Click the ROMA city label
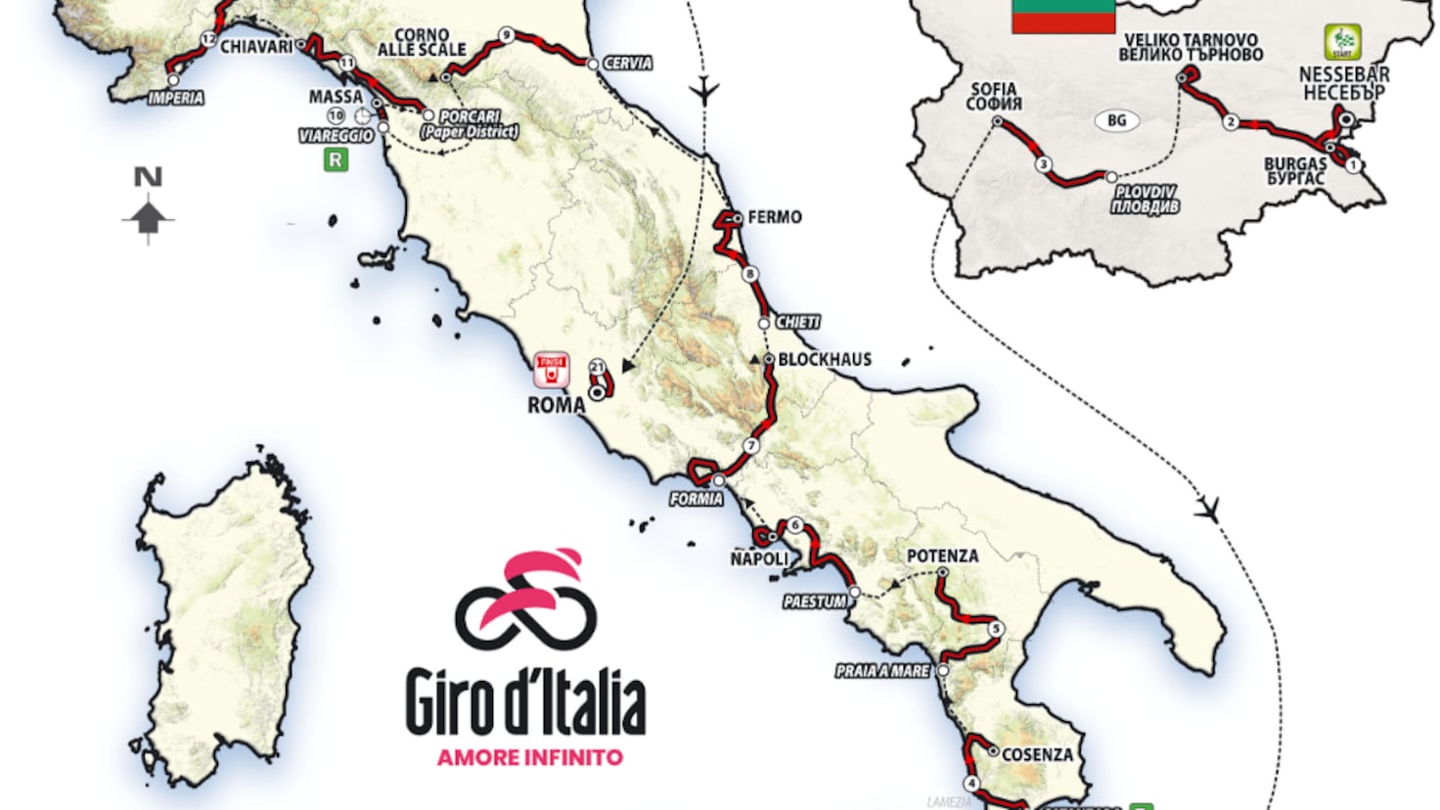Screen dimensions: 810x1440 (x=556, y=405)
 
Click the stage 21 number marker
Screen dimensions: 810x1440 (x=597, y=367)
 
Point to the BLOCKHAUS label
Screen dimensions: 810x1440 (x=824, y=359)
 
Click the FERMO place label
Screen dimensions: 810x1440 (x=774, y=217)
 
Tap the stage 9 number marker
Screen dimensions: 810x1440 (x=506, y=35)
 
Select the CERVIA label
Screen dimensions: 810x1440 (x=627, y=64)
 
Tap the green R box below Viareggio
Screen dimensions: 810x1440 (x=336, y=159)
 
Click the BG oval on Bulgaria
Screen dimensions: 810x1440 (x=1116, y=120)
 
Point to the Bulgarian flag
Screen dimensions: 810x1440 (x=1062, y=17)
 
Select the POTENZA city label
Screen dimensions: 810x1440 (x=942, y=556)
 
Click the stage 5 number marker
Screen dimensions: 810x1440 (x=995, y=628)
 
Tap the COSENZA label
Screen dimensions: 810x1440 (x=1037, y=754)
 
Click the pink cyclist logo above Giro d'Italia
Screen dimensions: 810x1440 (x=526, y=599)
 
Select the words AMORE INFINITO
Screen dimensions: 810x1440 (x=529, y=757)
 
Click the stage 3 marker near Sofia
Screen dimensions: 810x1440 (x=1044, y=164)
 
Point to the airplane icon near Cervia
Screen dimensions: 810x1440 (x=703, y=91)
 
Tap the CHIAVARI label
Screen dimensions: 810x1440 (x=256, y=47)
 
